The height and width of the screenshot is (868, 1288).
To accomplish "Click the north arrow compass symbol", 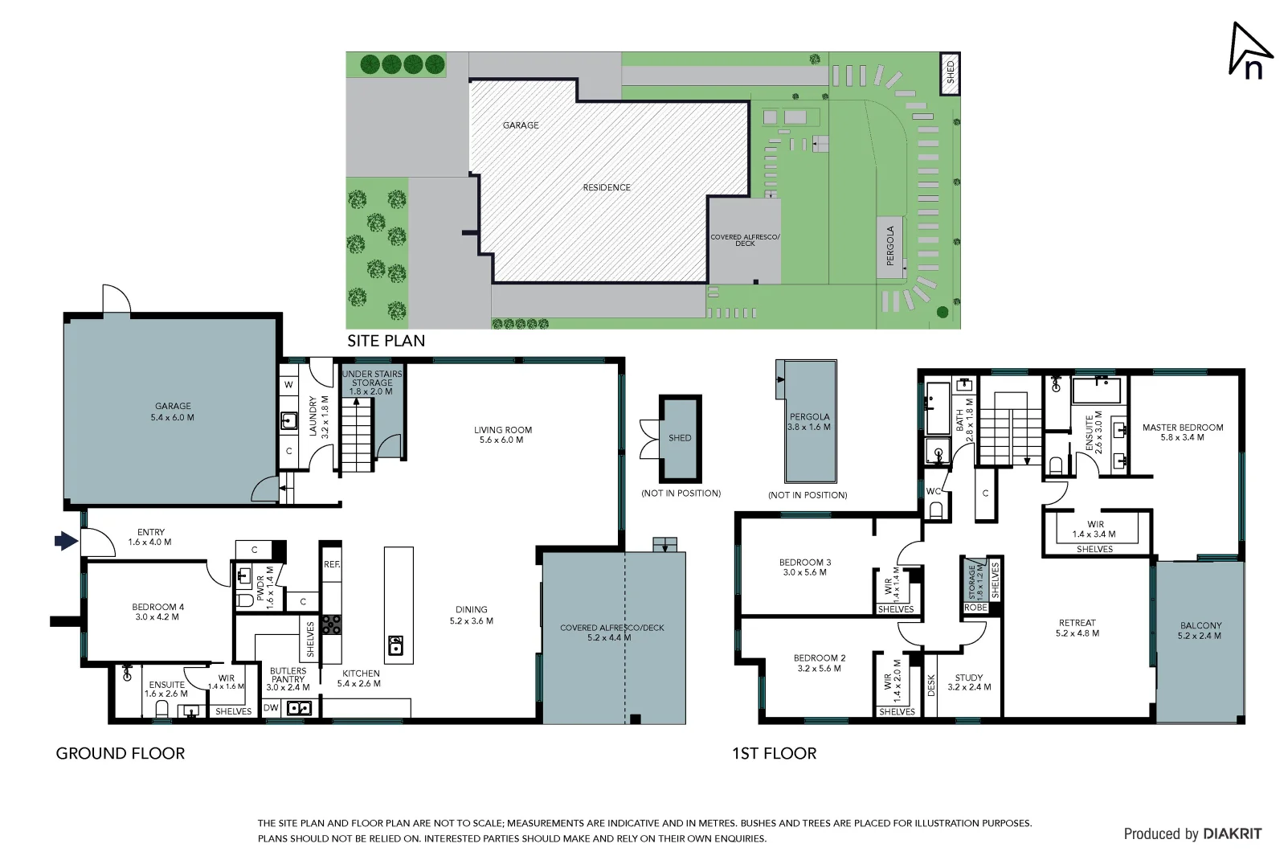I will pyautogui.click(x=1249, y=51).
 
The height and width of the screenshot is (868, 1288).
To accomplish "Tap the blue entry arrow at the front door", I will pyautogui.click(x=66, y=541).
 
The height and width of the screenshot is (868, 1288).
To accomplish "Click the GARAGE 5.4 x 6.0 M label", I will pyautogui.click(x=173, y=411).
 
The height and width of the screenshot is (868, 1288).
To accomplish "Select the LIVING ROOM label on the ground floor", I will pyautogui.click(x=502, y=435).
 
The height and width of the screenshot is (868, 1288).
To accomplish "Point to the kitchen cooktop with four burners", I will pyautogui.click(x=331, y=624).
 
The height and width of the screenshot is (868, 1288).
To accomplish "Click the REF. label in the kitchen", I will pyautogui.click(x=331, y=565).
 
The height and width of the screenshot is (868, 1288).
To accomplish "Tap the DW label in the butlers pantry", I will pyautogui.click(x=271, y=708).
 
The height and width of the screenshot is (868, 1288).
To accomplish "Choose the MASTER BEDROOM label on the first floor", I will pyautogui.click(x=1182, y=432).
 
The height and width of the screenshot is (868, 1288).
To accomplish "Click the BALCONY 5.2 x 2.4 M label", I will pyautogui.click(x=1200, y=630).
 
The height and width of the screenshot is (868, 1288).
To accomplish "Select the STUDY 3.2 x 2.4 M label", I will pyautogui.click(x=969, y=682).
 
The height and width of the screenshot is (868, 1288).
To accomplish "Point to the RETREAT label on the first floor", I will pyautogui.click(x=1077, y=628).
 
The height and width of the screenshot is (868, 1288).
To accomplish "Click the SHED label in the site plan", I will pyautogui.click(x=951, y=72).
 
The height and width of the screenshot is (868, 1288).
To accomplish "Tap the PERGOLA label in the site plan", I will pyautogui.click(x=889, y=246).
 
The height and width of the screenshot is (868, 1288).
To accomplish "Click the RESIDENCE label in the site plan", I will pyautogui.click(x=607, y=187).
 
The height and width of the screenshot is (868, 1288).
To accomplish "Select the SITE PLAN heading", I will pyautogui.click(x=386, y=341).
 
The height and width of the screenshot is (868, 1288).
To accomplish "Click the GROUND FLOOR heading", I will pyautogui.click(x=121, y=753).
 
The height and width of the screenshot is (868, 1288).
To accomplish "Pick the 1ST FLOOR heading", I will pyautogui.click(x=774, y=753).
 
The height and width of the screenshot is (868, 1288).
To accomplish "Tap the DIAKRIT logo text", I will pyautogui.click(x=1232, y=834).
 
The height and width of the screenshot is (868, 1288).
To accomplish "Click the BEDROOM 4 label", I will pyautogui.click(x=157, y=612).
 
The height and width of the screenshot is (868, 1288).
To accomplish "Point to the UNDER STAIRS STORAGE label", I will pyautogui.click(x=372, y=383).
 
